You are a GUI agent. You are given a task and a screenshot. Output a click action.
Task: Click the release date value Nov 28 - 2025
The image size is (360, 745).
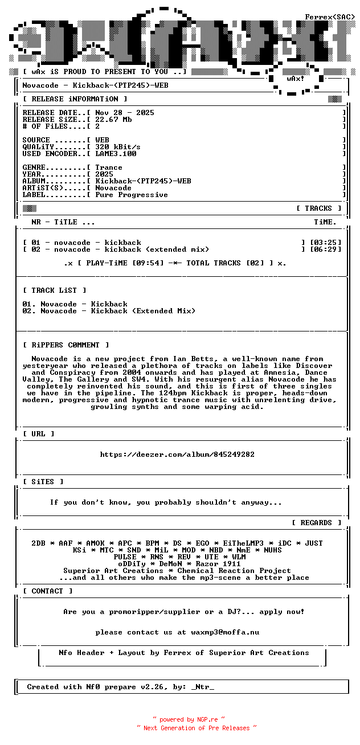tap(125, 113)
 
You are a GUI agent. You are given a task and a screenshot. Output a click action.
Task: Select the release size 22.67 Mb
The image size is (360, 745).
tap(113, 120)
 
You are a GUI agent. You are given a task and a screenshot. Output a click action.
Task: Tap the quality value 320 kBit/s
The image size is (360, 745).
tap(118, 147)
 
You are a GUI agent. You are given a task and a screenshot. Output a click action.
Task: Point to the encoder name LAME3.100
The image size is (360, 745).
tap(116, 154)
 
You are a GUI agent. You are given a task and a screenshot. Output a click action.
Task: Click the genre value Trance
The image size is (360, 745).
tap(109, 167)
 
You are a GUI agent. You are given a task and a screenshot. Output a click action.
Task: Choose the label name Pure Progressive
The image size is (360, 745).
tap(132, 195)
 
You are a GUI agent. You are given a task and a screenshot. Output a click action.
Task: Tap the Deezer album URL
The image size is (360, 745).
tap(177, 455)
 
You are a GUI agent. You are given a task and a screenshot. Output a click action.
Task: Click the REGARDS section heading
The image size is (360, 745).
tap(316, 523)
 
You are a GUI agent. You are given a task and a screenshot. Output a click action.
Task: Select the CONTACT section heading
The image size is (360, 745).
tap(48, 591)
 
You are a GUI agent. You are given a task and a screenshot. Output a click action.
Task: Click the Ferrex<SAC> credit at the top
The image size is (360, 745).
tap(330, 17)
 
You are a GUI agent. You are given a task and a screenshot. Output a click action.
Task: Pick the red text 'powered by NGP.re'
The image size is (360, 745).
tap(189, 719)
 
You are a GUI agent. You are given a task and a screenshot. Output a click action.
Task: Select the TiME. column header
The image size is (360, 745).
tap(325, 222)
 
